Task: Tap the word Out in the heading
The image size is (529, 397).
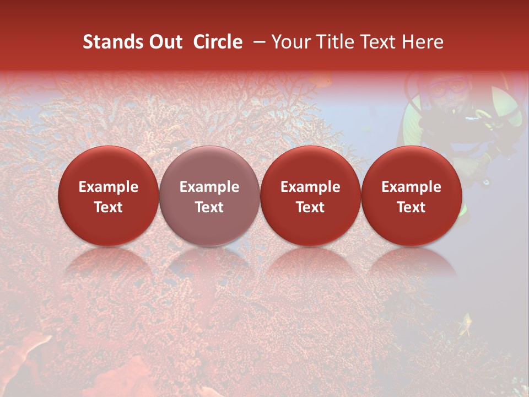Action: [x=164, y=42]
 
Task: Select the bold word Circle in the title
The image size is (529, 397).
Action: [x=218, y=42]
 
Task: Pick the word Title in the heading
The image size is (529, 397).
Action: [x=332, y=42]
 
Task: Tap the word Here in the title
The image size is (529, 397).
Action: [x=423, y=42]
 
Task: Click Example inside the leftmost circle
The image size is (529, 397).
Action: [x=109, y=187]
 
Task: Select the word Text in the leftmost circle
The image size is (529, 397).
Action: [x=109, y=207]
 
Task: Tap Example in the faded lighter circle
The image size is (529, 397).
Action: [x=209, y=187]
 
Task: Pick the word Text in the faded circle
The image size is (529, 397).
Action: [x=209, y=207]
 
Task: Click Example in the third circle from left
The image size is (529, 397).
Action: [x=310, y=187]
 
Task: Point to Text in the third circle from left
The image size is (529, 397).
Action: [x=310, y=207]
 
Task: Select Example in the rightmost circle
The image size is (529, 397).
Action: [x=411, y=187]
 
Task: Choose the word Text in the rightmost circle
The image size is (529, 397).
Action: [x=411, y=207]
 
